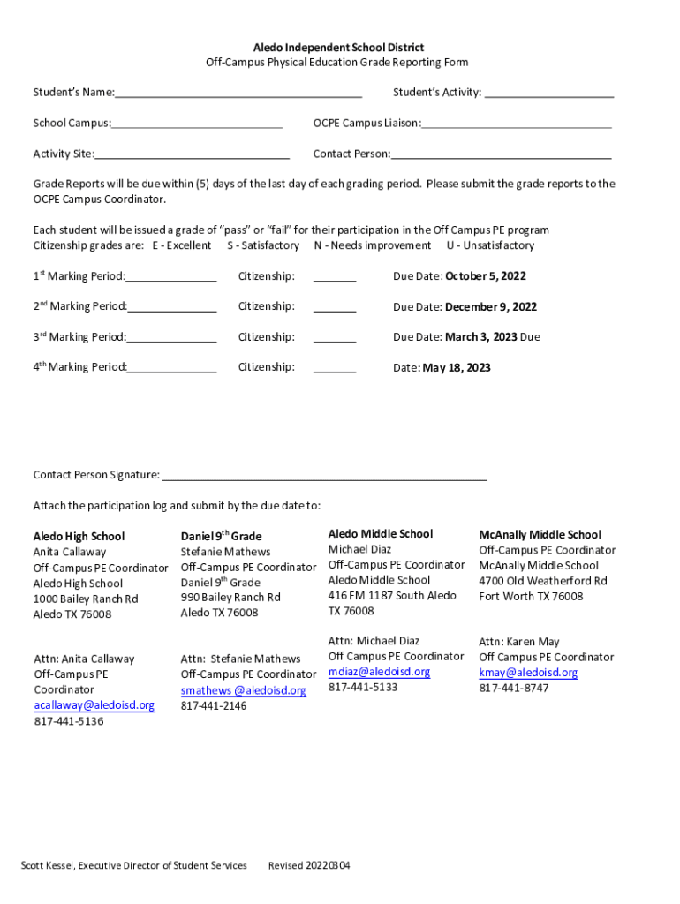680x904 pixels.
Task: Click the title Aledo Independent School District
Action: click(x=339, y=47)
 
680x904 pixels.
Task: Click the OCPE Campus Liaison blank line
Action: click(x=517, y=124)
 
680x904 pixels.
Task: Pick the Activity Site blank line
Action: click(x=193, y=154)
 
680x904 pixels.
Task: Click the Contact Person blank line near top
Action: click(x=501, y=154)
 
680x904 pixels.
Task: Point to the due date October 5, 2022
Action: click(x=485, y=276)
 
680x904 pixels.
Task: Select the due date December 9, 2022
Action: click(x=490, y=307)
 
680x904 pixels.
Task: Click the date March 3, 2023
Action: click(x=481, y=337)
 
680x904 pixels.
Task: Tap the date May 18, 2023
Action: click(x=457, y=367)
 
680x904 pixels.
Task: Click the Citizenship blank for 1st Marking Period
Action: click(x=335, y=277)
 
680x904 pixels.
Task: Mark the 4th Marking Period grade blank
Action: click(x=172, y=368)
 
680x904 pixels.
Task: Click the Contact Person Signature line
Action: click(x=324, y=476)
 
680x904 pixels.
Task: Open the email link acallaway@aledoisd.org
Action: click(x=94, y=705)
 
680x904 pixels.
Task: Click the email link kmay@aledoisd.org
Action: click(x=528, y=673)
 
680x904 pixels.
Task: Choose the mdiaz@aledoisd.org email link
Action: click(x=379, y=672)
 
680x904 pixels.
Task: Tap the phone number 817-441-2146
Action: click(x=214, y=706)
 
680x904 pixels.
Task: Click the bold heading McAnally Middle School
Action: click(x=540, y=534)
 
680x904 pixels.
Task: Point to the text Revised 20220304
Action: click(x=309, y=865)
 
